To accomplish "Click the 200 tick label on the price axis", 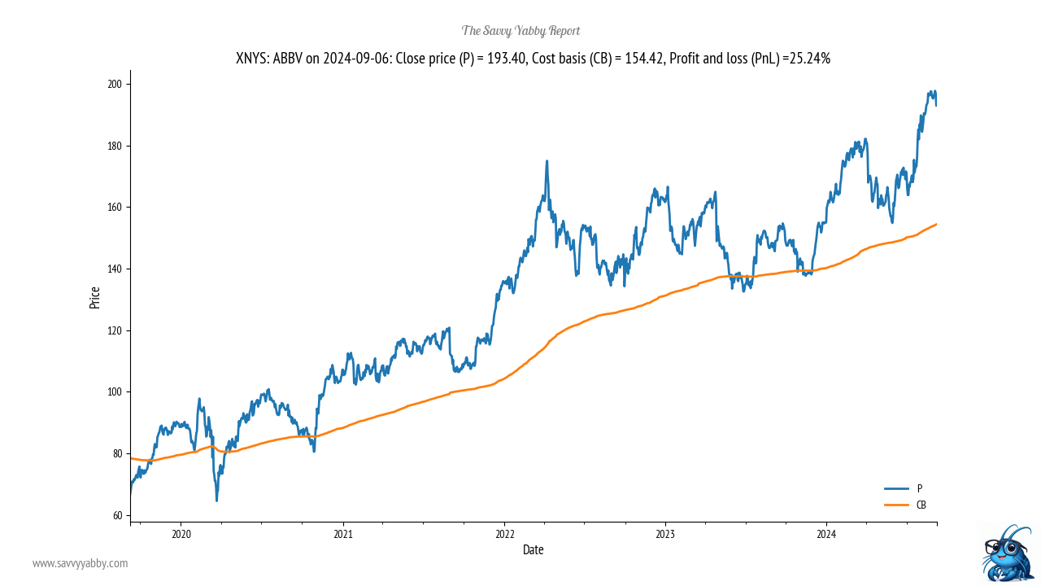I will tap(115, 84).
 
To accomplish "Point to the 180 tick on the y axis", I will tap(115, 146).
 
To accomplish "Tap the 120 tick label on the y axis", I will tap(115, 330).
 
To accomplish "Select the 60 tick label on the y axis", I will tap(118, 515).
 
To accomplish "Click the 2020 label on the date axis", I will tap(181, 534).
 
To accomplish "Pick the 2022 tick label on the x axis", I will tap(504, 534).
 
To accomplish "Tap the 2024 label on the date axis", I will tap(826, 534).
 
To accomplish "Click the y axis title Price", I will tap(95, 298).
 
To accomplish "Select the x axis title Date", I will tap(533, 550).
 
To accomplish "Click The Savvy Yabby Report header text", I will tap(520, 31).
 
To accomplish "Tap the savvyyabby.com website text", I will tap(80, 563).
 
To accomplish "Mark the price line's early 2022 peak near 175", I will tap(547, 161).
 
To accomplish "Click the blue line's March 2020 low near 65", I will tap(216, 500).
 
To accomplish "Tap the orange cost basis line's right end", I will tap(936, 224).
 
